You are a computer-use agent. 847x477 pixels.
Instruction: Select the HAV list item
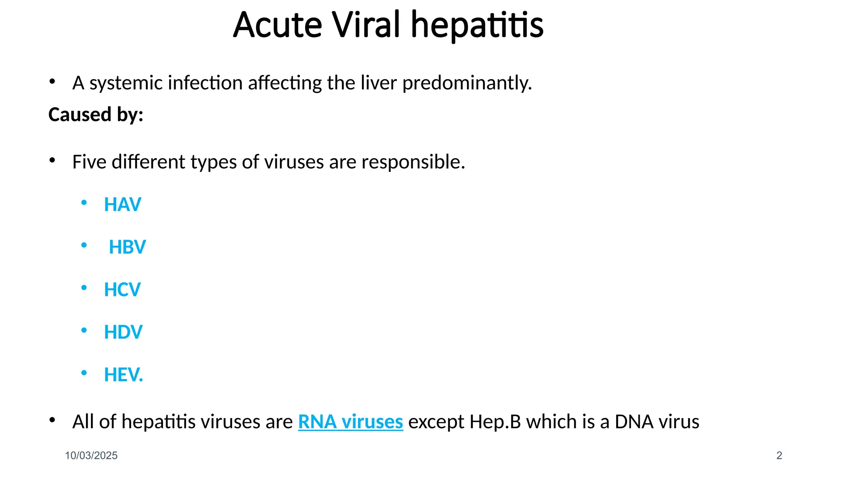(x=122, y=205)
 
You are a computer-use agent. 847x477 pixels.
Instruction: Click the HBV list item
(x=127, y=247)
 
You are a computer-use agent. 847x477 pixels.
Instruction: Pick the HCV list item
(x=122, y=290)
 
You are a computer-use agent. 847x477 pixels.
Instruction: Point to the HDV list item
(x=123, y=332)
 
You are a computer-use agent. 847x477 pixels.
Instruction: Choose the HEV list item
(x=123, y=375)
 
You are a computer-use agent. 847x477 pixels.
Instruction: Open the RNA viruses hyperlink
(x=350, y=422)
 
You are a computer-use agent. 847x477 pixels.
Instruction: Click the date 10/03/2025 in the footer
(x=91, y=455)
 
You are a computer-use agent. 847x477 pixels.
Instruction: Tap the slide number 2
(x=779, y=455)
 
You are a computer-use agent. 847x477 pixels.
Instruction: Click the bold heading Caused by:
(x=96, y=115)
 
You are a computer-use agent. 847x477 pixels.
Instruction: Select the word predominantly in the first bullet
(x=467, y=83)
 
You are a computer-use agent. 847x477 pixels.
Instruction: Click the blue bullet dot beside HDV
(x=84, y=330)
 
